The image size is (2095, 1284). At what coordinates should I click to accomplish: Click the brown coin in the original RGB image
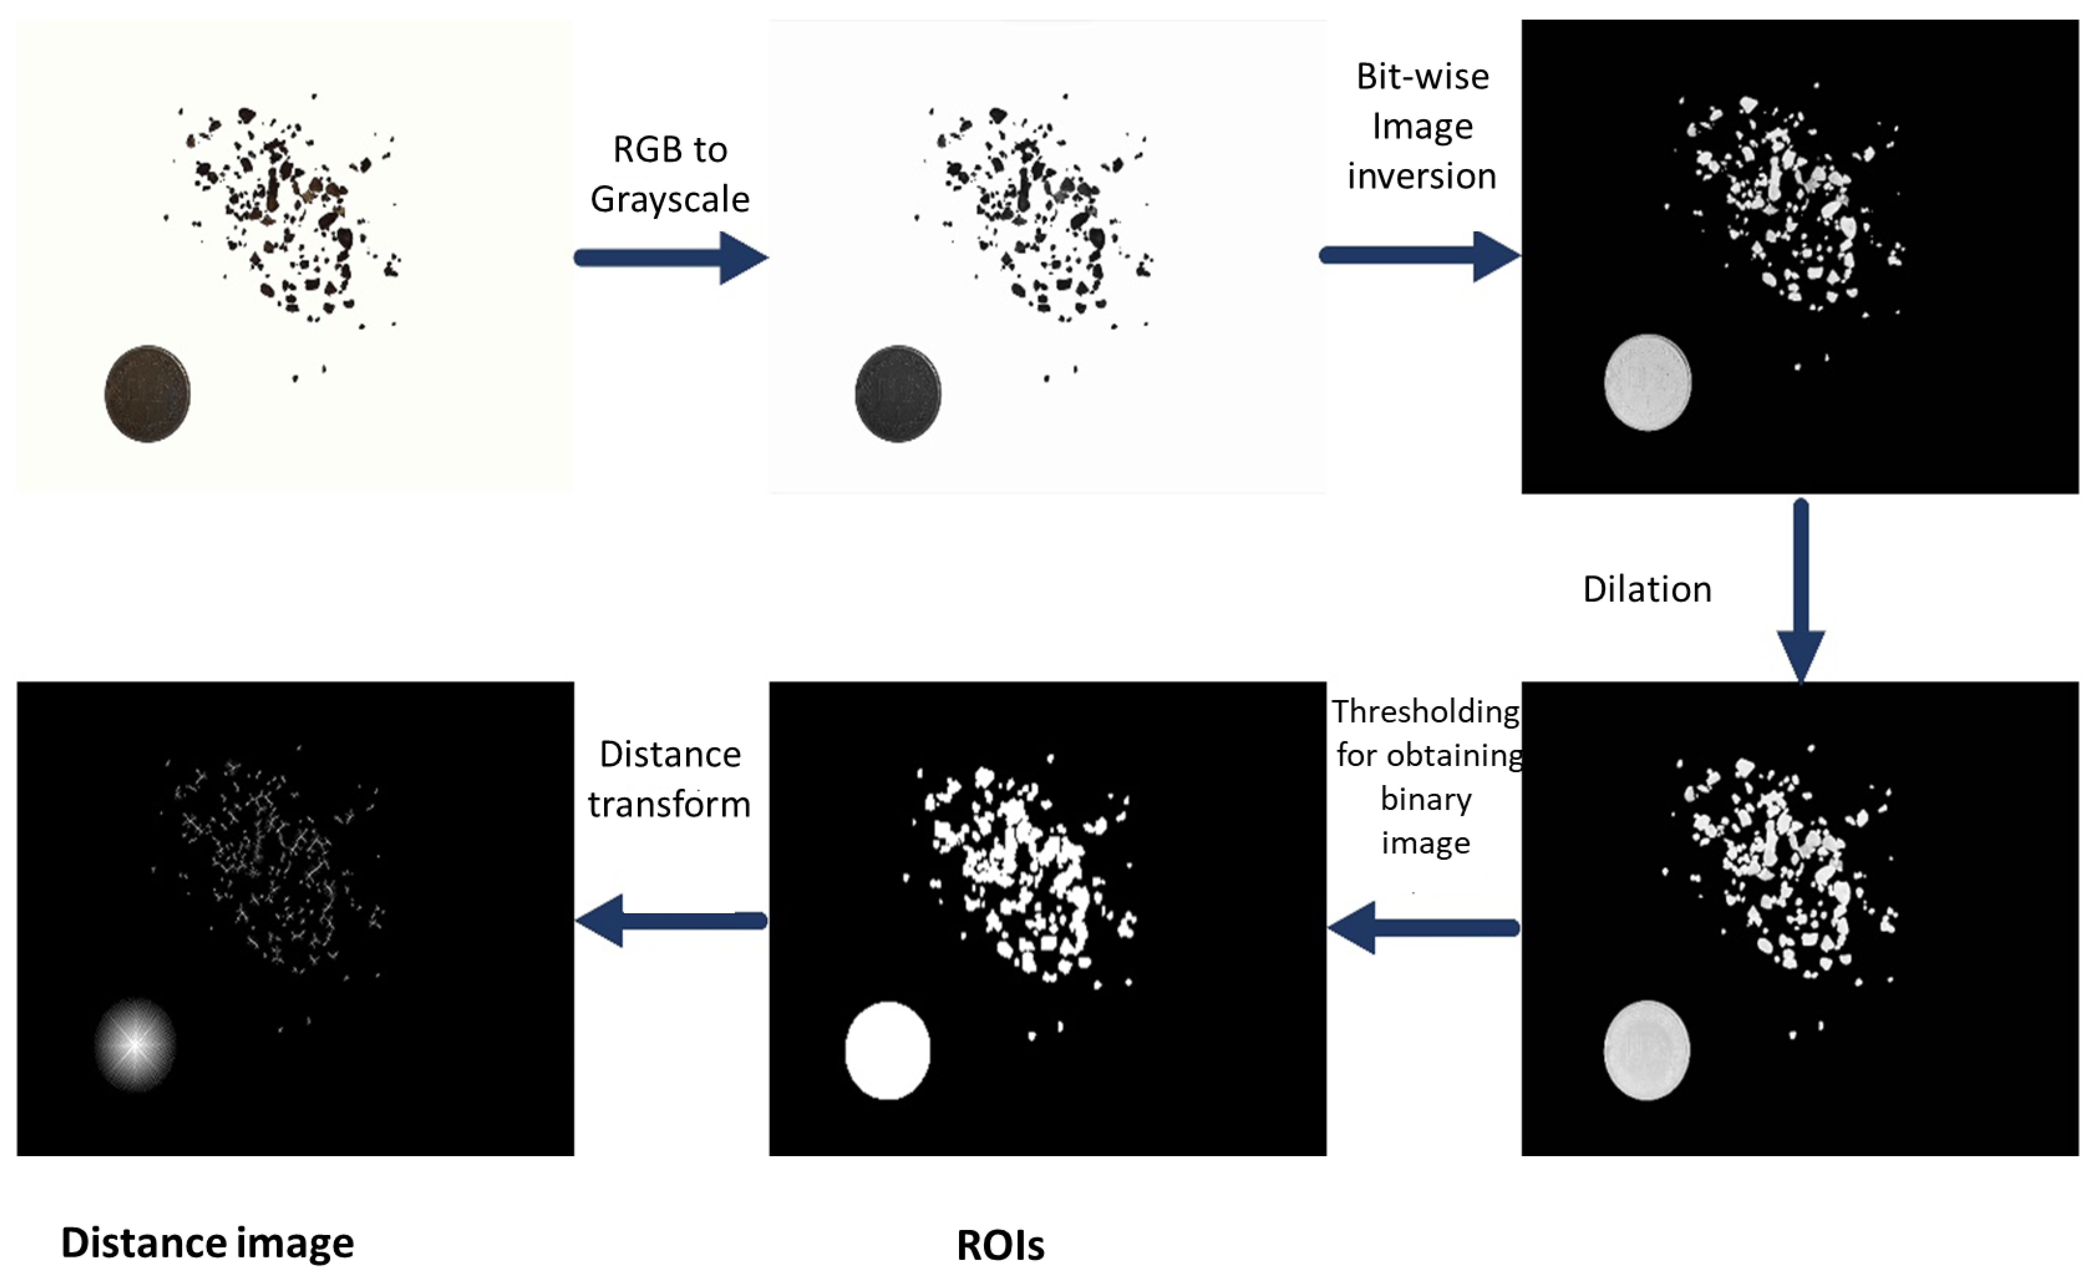(x=147, y=394)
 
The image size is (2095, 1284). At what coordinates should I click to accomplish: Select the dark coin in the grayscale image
(x=898, y=394)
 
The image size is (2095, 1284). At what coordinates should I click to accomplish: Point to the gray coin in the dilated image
(x=1646, y=1050)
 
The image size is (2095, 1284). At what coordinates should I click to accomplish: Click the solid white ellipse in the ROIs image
(x=887, y=1051)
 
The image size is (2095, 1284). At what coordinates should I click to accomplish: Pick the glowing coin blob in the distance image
(x=134, y=1044)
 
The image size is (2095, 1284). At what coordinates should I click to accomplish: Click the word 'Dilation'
(x=1647, y=589)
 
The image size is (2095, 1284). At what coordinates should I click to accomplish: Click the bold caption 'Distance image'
(x=208, y=1243)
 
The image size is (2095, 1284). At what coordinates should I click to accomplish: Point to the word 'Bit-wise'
(x=1422, y=77)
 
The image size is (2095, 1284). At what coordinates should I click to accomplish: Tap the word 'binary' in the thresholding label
(x=1426, y=799)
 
